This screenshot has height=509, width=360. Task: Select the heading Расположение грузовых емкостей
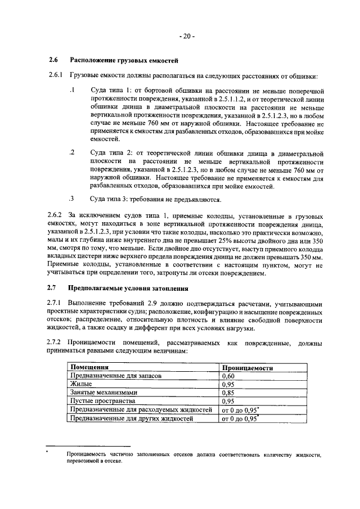tap(123, 60)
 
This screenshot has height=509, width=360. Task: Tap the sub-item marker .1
tap(71, 90)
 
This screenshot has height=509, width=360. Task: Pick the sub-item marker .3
tap(71, 199)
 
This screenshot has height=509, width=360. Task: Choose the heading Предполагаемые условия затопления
tap(128, 288)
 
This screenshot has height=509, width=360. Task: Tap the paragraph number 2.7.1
tap(56, 303)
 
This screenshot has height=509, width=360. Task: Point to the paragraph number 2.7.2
tap(56, 343)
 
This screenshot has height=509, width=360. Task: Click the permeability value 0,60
tap(228, 376)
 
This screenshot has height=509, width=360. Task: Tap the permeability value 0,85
tap(228, 393)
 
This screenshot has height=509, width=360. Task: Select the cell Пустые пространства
tap(102, 401)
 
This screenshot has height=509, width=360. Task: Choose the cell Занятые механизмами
tap(102, 393)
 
